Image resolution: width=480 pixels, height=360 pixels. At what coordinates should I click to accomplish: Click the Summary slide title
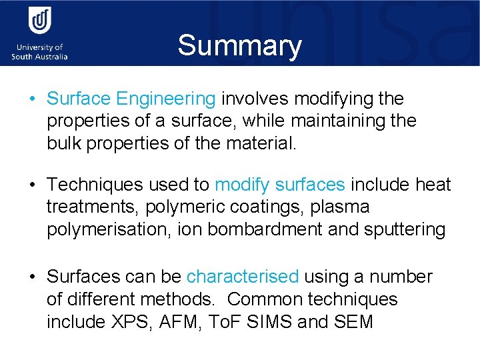click(239, 46)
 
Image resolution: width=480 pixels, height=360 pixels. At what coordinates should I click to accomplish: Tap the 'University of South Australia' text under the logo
click(39, 52)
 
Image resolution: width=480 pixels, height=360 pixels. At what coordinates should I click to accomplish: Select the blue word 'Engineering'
click(165, 99)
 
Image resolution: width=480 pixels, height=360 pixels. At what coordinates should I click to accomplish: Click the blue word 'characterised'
click(243, 277)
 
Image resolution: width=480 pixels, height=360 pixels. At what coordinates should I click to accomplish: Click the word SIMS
click(271, 322)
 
